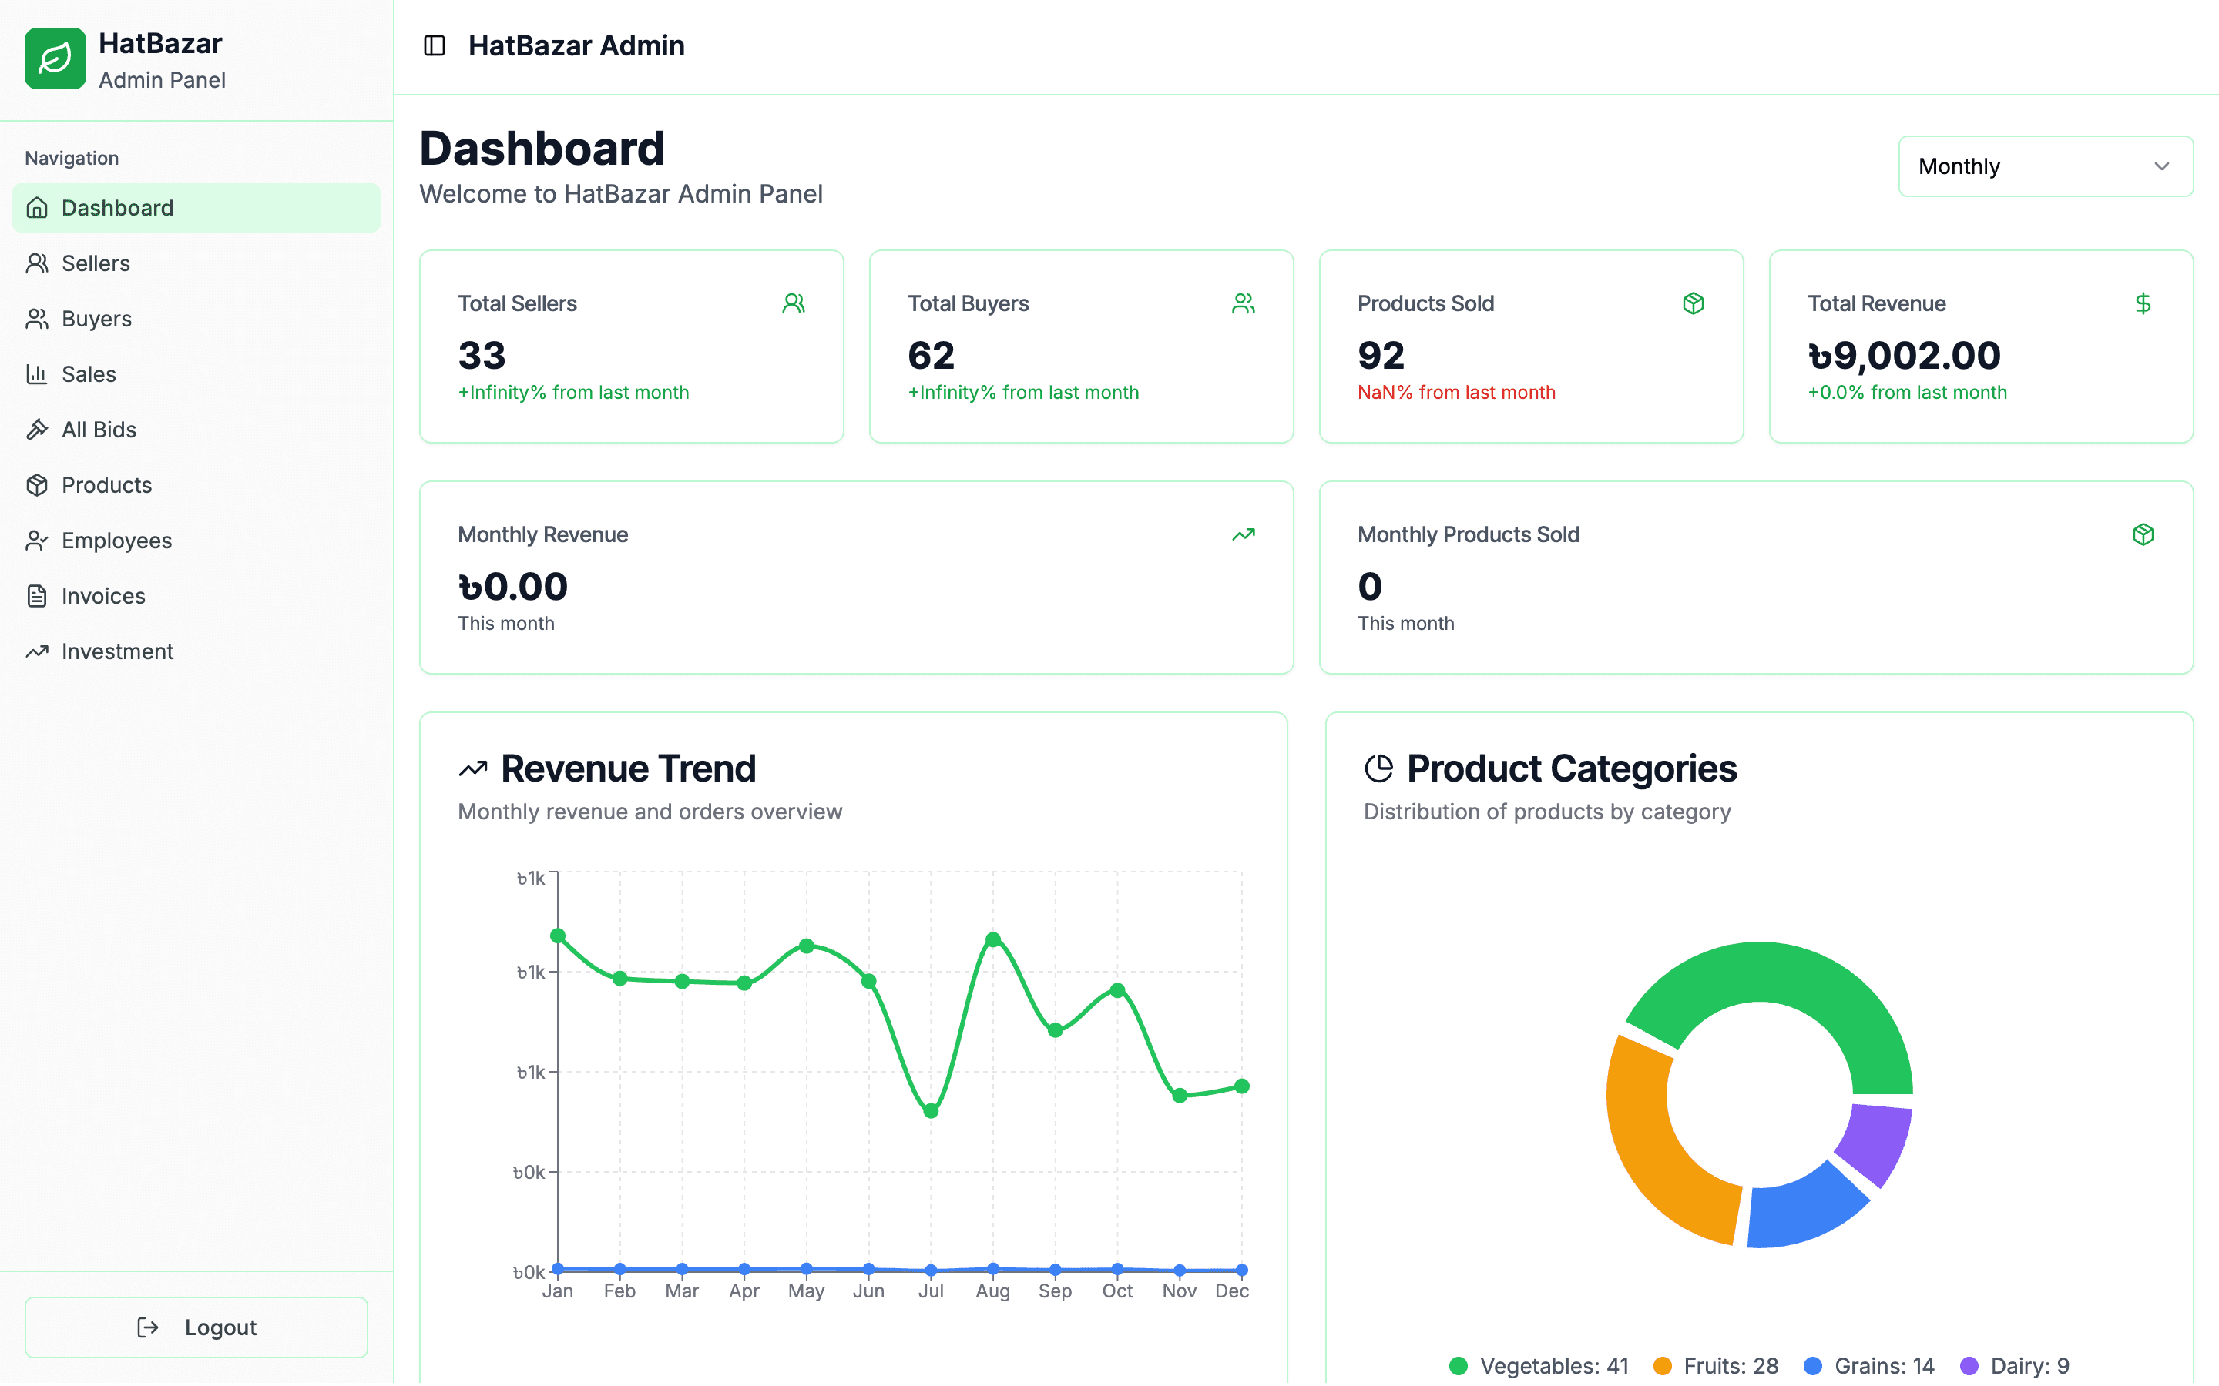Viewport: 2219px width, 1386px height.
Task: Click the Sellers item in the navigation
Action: click(96, 263)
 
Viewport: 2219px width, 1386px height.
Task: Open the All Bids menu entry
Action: click(98, 429)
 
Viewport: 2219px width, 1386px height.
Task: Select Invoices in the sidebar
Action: click(102, 596)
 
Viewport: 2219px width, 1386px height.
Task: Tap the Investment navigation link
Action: click(116, 651)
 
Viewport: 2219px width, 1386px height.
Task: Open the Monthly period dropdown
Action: click(2045, 166)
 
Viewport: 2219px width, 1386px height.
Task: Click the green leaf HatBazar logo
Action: click(55, 59)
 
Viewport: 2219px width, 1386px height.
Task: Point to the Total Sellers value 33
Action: click(482, 356)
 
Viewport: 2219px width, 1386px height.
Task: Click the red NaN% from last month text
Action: click(1456, 393)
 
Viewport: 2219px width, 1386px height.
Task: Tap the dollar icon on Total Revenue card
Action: click(2143, 303)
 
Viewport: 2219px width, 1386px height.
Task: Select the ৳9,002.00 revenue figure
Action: click(1904, 356)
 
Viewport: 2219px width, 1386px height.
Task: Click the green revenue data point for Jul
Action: click(931, 1111)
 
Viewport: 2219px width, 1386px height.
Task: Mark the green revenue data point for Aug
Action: click(993, 939)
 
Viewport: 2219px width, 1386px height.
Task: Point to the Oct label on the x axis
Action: click(1117, 1291)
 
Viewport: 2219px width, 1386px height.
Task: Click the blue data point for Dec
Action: click(1241, 1270)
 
